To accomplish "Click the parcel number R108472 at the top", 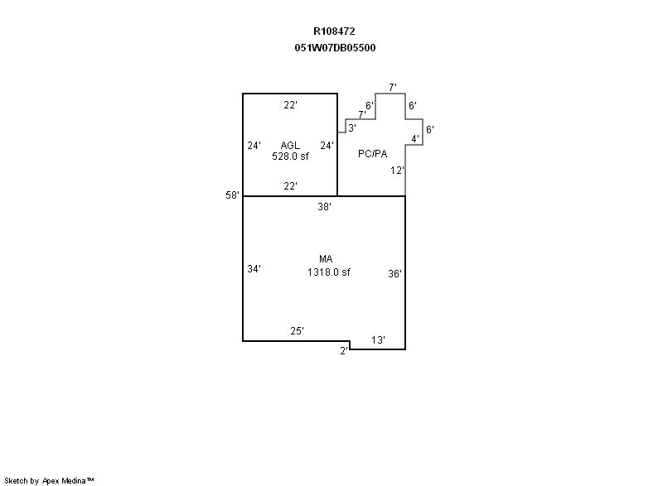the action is [x=334, y=31].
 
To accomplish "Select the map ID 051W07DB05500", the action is [x=335, y=48].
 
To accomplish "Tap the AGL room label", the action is [x=290, y=145].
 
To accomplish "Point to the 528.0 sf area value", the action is [x=290, y=156].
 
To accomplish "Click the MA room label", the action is [x=326, y=259].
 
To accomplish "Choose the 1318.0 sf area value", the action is [x=328, y=272].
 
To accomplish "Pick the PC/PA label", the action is [x=372, y=154].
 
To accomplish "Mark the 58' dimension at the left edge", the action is [x=232, y=195].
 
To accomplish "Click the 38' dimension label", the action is [x=324, y=206].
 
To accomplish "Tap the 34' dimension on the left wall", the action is [x=254, y=268].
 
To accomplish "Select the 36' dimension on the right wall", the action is [x=394, y=273].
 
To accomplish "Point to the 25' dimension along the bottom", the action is [x=297, y=331].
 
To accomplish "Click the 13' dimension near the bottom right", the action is [x=378, y=340].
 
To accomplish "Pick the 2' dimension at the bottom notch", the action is [x=344, y=351].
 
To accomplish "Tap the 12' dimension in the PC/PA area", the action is [x=397, y=171].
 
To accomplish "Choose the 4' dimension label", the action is [x=415, y=138].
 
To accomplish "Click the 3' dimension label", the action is [x=351, y=128].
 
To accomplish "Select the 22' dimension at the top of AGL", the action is [x=290, y=104].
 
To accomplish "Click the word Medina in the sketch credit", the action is [x=74, y=480].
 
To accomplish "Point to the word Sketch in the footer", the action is [x=16, y=480].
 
